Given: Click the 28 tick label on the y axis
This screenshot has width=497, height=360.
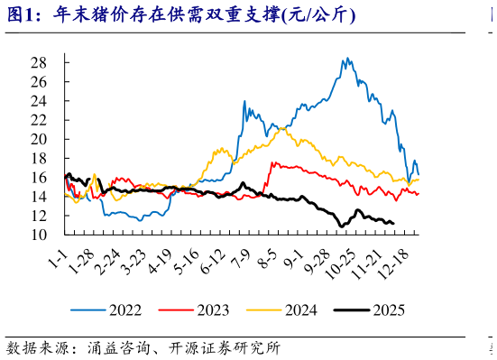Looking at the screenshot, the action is tap(39, 63).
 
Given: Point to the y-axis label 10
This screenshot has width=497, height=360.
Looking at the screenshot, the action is tap(39, 235).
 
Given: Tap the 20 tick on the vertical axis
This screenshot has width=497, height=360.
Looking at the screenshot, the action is tap(39, 139).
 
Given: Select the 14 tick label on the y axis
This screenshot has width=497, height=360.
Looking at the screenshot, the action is tap(39, 197).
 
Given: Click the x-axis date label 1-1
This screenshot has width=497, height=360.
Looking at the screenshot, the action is tap(58, 258).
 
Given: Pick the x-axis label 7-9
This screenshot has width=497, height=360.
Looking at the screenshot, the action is tap(240, 259).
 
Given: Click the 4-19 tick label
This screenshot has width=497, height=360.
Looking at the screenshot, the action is tap(160, 261).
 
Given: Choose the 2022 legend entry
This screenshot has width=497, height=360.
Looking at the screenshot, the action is tap(106, 309).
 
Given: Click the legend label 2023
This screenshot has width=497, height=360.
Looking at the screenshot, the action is tap(194, 309).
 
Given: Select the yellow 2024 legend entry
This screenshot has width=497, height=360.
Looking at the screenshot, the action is tap(281, 309).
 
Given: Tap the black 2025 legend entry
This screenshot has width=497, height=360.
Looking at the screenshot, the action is tap(369, 309).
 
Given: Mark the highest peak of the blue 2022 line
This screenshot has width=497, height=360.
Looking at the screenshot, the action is tap(347, 58).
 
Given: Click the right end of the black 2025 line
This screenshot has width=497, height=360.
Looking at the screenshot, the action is tap(393, 223).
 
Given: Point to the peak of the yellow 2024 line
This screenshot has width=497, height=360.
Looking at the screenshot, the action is tap(281, 128).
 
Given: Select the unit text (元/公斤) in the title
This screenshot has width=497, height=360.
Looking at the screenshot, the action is tap(318, 15).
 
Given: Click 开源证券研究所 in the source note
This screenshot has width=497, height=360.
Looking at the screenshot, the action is tap(225, 348).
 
